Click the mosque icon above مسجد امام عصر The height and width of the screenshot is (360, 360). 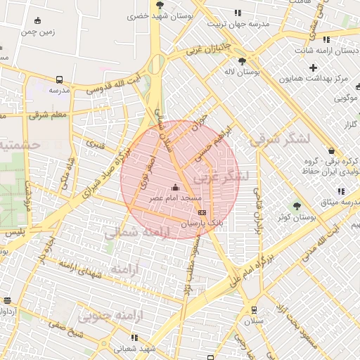tap(175, 187)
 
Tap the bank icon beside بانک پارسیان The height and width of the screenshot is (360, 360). tap(202, 212)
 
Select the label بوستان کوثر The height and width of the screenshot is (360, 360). tap(297, 219)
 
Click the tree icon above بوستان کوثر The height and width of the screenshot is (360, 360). tap(297, 206)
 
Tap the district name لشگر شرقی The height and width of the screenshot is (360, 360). tap(279, 139)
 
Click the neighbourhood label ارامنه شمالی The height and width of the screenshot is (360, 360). tap(137, 233)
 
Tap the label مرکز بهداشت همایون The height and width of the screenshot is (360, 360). tap(319, 78)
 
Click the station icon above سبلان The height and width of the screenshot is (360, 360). tap(253, 310)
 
